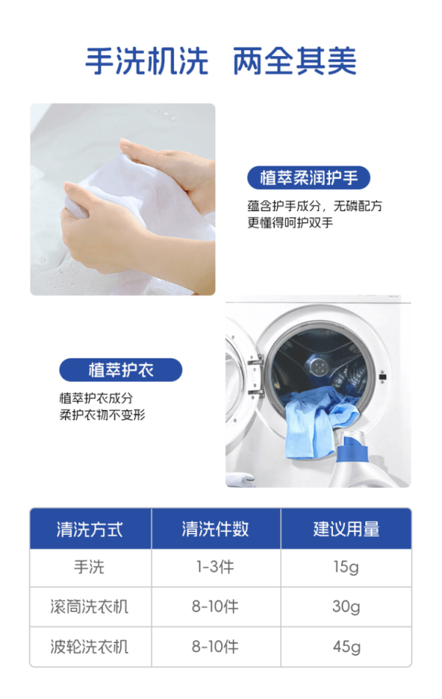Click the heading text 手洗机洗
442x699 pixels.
coord(147,61)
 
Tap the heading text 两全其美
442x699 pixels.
coord(295,61)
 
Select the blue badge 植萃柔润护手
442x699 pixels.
coord(309,178)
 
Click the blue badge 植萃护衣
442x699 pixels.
coord(121,370)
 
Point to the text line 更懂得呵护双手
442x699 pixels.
coord(290,222)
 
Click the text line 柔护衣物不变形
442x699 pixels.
coord(102,415)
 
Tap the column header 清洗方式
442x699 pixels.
coord(90,529)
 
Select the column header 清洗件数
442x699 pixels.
coord(215,529)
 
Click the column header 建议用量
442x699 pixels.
coord(346,529)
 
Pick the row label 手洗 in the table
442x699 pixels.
coord(89,567)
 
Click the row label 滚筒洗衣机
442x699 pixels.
coord(89,607)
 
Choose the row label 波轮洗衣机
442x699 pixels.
coord(89,647)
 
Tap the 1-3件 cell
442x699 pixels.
coord(215,567)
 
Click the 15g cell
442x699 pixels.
coord(346,567)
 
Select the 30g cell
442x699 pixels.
coord(346,607)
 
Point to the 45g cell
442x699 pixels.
coord(346,647)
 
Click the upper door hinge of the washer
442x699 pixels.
coord(256,360)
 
